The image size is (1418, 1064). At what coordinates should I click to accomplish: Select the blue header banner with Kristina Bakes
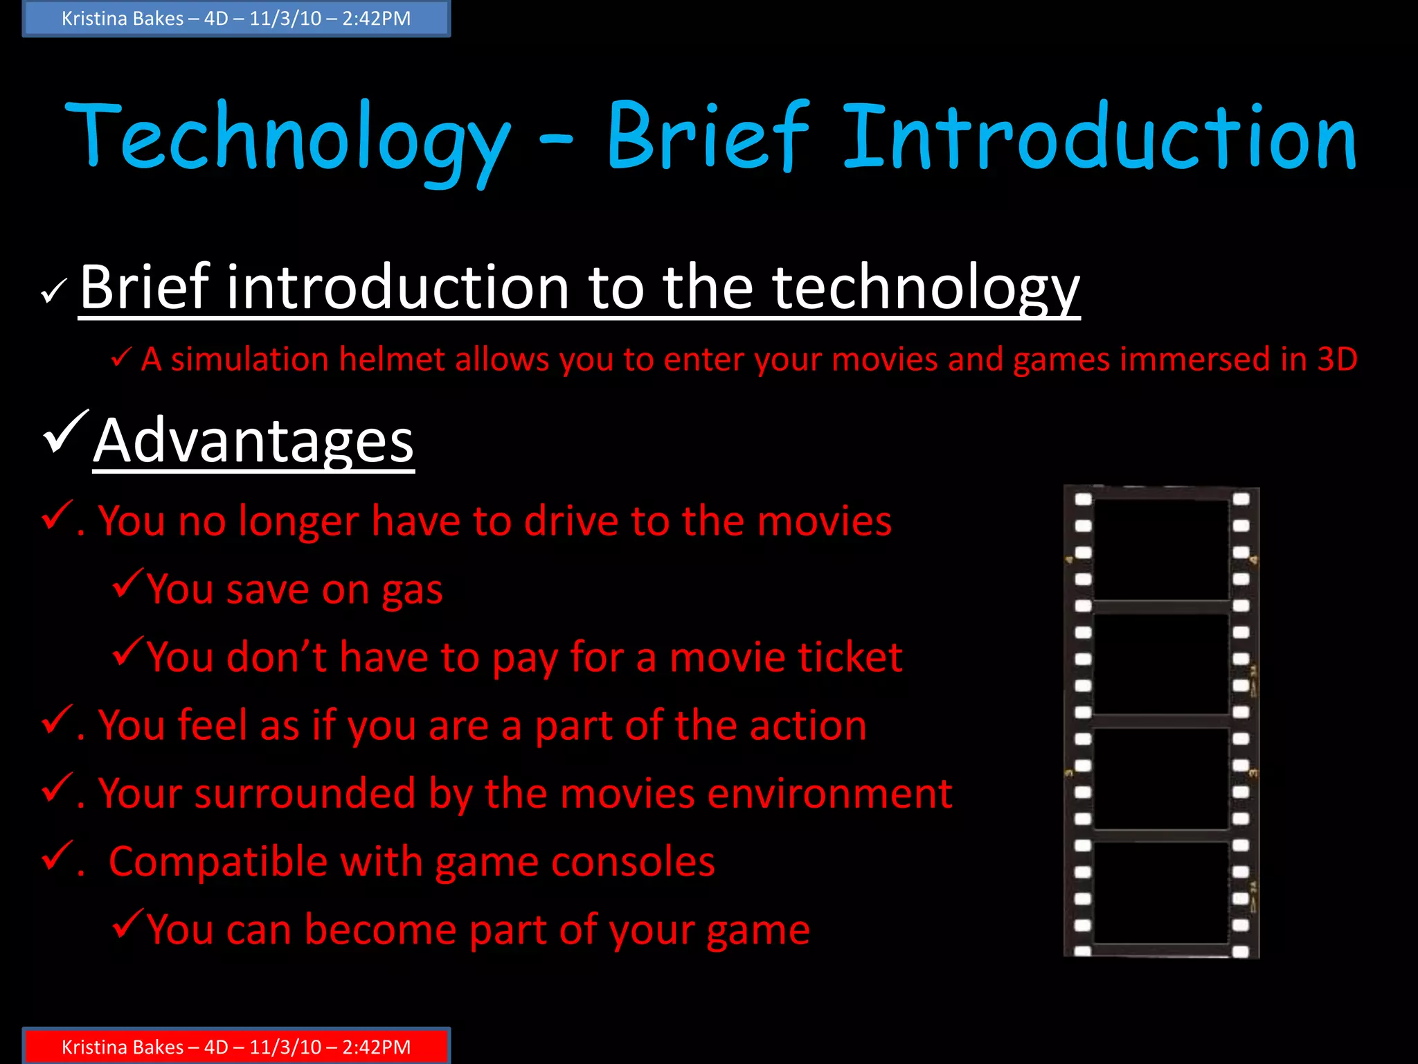tap(236, 19)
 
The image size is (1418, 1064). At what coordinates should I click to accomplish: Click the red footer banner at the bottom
tap(236, 1046)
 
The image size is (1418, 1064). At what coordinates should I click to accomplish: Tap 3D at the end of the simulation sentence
tap(1337, 360)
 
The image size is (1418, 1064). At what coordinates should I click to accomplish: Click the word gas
tap(412, 591)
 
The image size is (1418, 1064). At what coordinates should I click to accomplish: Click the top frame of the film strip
tap(1161, 549)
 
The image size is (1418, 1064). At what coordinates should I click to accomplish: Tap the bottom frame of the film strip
tap(1161, 892)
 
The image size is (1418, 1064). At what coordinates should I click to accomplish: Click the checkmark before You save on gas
tap(127, 583)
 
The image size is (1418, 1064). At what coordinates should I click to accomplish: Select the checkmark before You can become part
tap(127, 923)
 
